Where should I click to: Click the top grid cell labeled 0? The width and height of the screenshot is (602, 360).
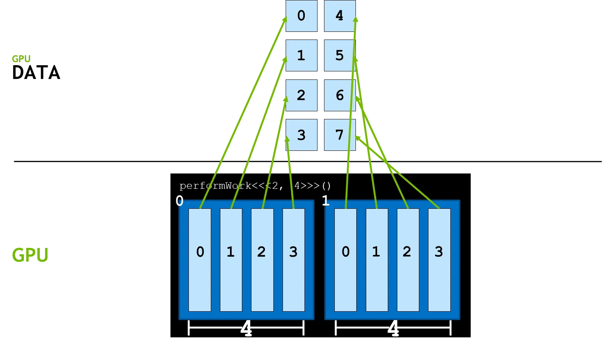click(x=301, y=16)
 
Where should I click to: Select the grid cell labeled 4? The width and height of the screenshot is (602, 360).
click(x=339, y=16)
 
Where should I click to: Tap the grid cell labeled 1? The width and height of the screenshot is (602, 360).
click(x=301, y=56)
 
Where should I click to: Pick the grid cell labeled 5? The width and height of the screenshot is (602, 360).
click(x=339, y=56)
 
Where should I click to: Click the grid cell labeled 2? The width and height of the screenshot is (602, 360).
click(x=301, y=95)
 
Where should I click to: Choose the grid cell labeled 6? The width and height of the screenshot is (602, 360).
click(x=339, y=95)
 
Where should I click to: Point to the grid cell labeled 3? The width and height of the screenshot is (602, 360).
click(x=301, y=135)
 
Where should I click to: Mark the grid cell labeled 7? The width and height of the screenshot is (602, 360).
click(x=339, y=135)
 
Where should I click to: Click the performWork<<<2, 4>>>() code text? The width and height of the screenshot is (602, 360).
click(x=255, y=186)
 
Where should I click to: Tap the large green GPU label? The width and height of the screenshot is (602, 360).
click(x=30, y=255)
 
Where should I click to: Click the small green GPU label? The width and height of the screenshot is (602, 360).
click(x=21, y=59)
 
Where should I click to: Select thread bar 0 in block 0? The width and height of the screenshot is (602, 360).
click(x=200, y=259)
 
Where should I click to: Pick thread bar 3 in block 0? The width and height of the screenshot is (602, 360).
click(x=293, y=259)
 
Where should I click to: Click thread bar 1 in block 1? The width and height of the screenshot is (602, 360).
click(x=377, y=259)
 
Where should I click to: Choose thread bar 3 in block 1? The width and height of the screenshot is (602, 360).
click(x=439, y=259)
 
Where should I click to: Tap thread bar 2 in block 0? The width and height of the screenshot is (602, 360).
click(x=262, y=259)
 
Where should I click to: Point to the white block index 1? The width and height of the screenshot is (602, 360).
click(x=326, y=201)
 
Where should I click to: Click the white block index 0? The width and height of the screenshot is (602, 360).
click(x=179, y=201)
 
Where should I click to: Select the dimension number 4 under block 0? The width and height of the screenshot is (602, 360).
click(x=246, y=329)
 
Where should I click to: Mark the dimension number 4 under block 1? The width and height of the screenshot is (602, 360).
click(x=393, y=329)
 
